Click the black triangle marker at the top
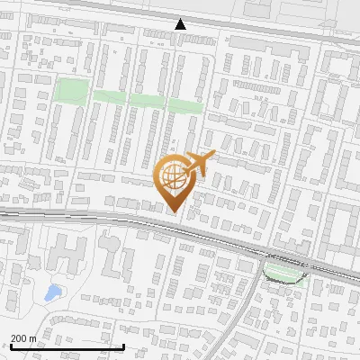click(x=181, y=24)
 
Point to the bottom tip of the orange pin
click(x=174, y=211)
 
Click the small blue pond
click(x=53, y=292)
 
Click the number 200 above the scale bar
click(x=19, y=338)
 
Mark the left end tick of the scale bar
click(x=10, y=346)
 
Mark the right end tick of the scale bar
click(x=123, y=346)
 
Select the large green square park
click(x=73, y=91)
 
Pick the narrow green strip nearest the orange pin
click(x=185, y=104)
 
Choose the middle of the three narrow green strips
click(x=148, y=100)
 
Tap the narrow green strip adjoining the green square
click(x=110, y=96)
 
